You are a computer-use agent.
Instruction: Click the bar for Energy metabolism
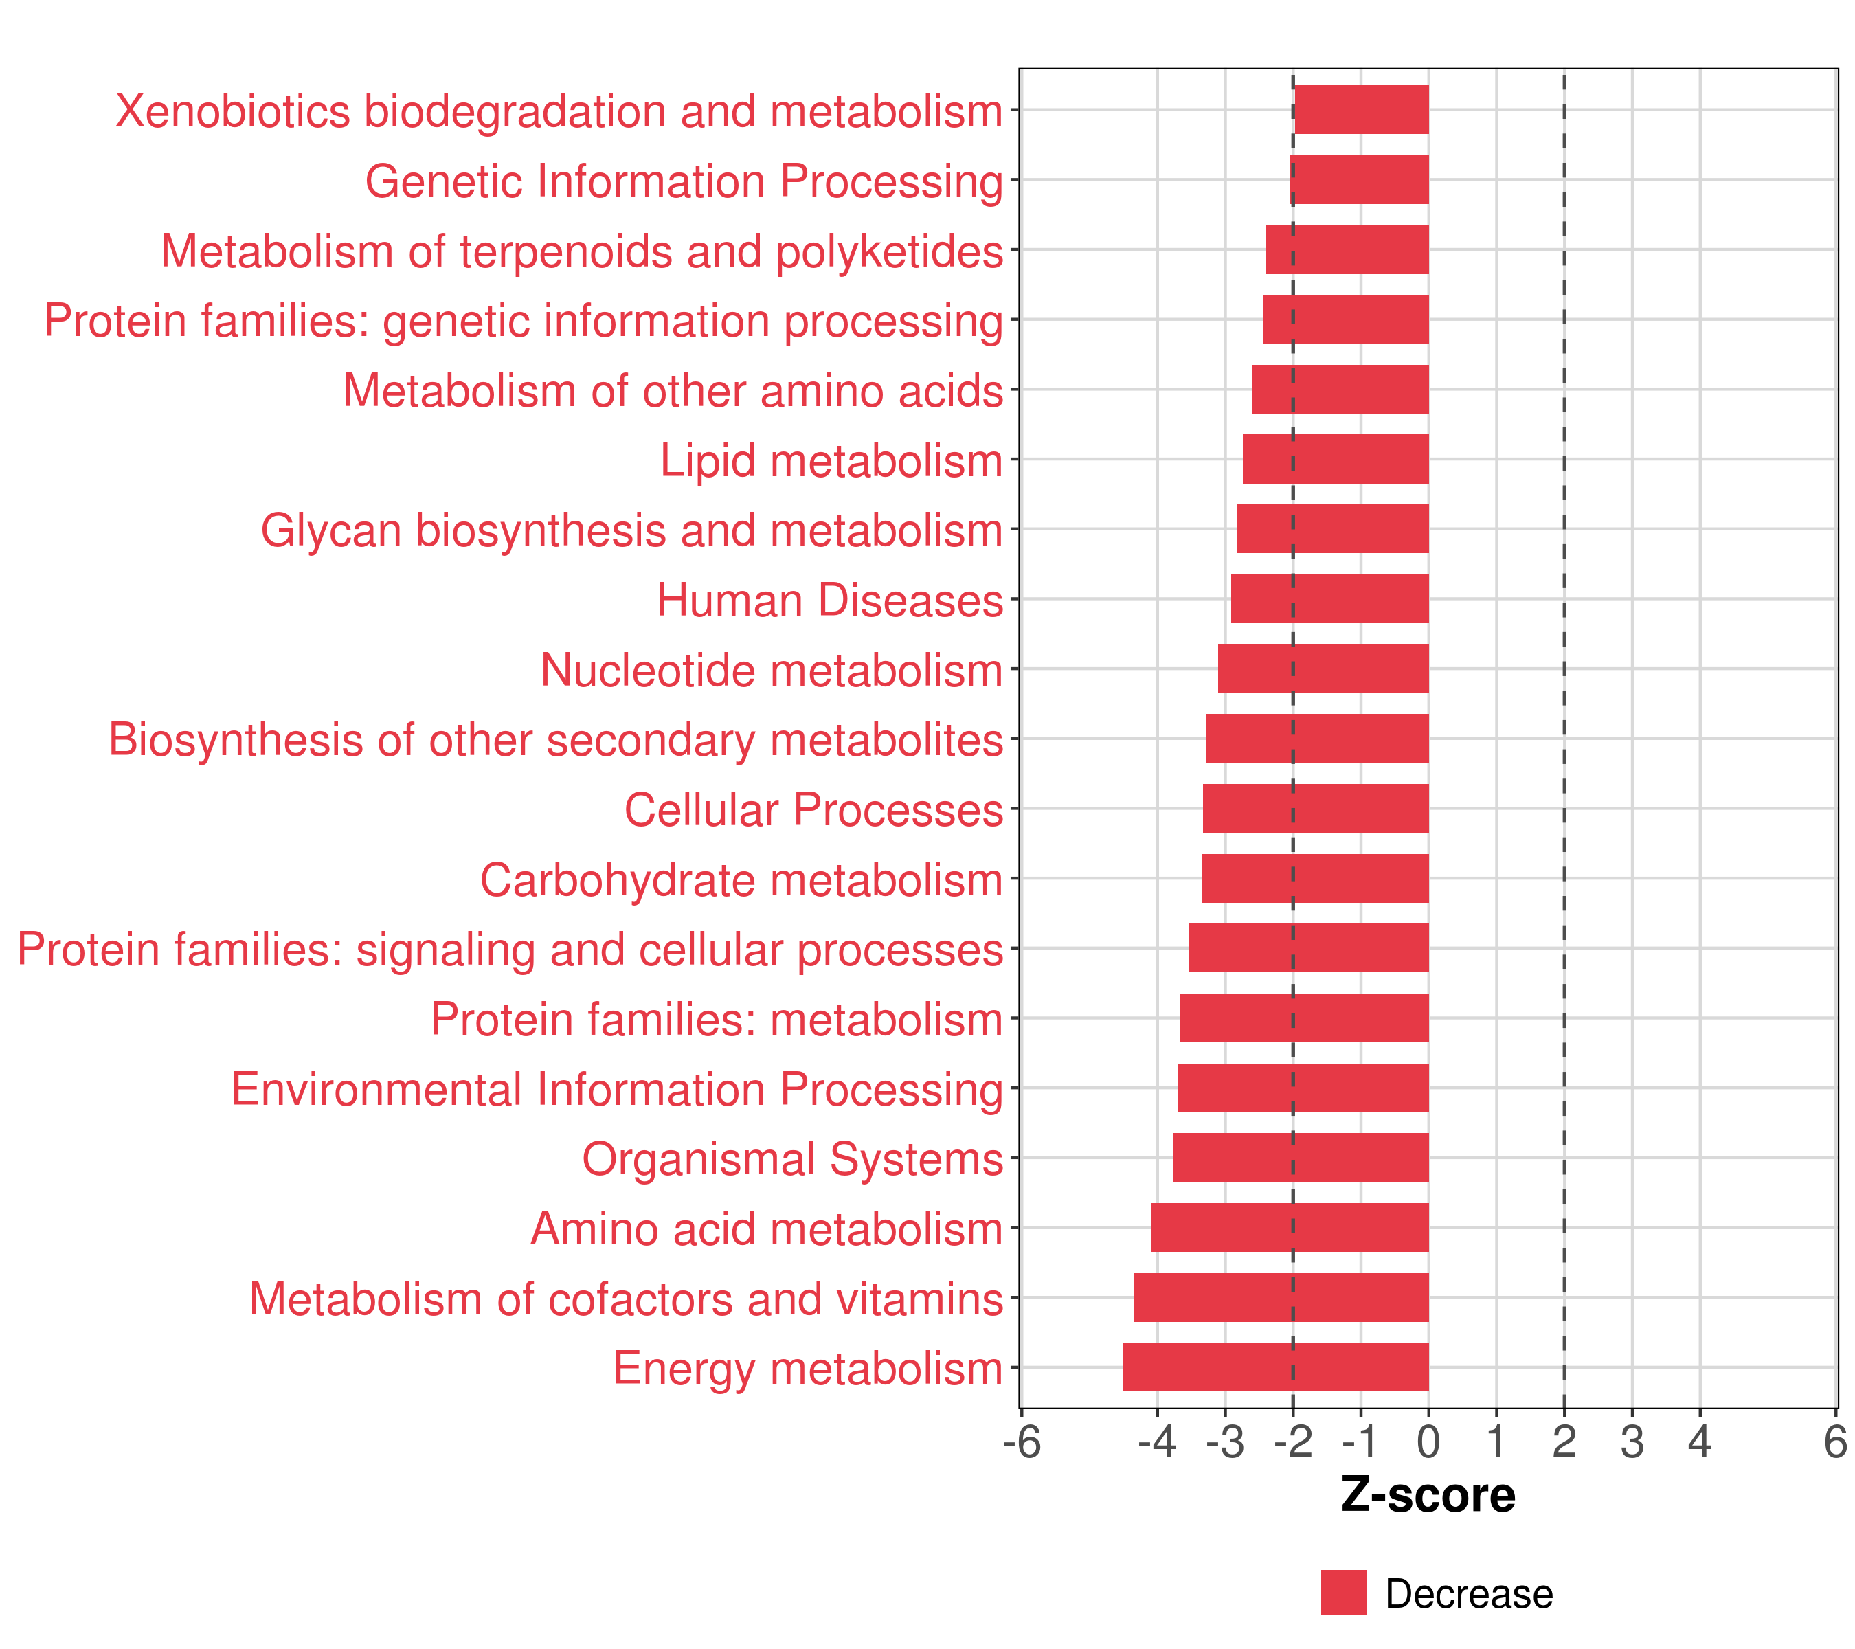(1275, 1367)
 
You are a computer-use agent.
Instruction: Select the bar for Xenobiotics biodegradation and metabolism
(1361, 110)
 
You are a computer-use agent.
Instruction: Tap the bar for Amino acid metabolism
(1290, 1227)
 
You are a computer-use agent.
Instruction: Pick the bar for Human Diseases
(1329, 599)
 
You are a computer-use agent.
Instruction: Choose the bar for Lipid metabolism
(1335, 459)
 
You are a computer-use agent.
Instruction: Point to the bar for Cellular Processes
(1315, 809)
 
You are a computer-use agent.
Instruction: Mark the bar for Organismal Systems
(1301, 1157)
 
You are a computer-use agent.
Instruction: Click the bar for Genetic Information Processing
(1360, 180)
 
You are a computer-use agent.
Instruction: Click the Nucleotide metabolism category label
(772, 671)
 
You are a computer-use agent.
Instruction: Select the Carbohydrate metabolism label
(741, 880)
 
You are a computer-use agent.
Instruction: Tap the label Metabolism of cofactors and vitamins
(626, 1299)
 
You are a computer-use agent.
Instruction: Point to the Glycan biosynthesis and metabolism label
(631, 531)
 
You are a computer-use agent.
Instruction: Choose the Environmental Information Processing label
(617, 1089)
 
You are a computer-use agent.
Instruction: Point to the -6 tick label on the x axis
(1022, 1442)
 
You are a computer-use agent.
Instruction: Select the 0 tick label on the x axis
(1428, 1442)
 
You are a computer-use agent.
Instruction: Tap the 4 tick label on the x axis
(1699, 1442)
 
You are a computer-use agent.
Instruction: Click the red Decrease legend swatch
(1343, 1593)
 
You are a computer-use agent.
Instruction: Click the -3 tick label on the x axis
(1224, 1442)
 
